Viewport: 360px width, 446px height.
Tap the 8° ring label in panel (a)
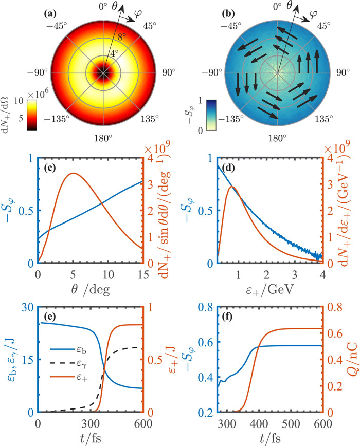click(121, 36)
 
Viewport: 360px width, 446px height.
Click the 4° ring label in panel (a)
click(114, 53)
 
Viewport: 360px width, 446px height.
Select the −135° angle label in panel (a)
click(57, 118)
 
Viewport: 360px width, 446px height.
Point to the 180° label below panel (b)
click(277, 138)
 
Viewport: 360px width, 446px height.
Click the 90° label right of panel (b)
click(343, 72)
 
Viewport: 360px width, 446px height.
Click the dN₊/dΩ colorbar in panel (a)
click(31, 115)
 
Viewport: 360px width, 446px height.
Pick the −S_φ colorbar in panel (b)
click(211, 115)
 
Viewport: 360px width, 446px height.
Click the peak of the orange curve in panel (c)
click(74, 173)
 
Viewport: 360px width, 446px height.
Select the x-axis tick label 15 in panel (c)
click(143, 275)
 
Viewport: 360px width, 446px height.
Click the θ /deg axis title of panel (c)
click(91, 290)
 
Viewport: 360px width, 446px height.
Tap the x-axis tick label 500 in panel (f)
click(291, 424)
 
